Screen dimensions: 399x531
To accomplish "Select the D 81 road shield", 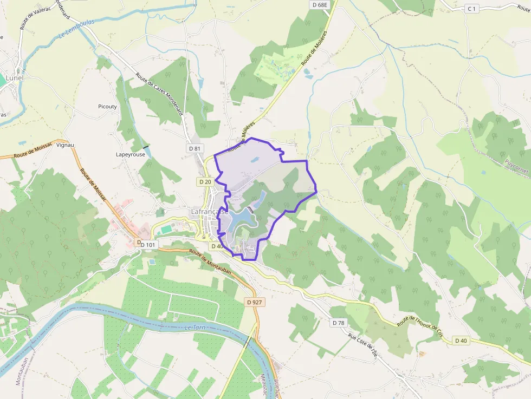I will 195,148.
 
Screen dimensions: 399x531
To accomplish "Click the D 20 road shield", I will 205,182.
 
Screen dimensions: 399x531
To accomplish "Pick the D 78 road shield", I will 338,323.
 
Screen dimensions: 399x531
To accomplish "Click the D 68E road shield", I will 320,4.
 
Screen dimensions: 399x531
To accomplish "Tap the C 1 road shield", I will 472,8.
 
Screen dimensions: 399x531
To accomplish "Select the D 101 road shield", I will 147,245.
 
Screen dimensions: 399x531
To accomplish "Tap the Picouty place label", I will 107,107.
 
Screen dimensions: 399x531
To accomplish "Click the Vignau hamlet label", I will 65,145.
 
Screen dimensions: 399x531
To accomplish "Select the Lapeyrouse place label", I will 130,154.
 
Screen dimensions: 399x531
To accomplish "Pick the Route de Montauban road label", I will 210,262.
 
